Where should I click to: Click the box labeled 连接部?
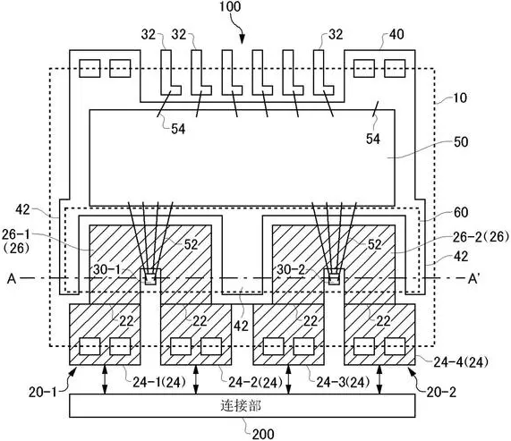(243, 405)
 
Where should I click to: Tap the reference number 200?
(263, 434)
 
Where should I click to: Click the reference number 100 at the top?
(230, 7)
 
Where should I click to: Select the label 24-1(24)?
(159, 382)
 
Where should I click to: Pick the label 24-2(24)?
(256, 382)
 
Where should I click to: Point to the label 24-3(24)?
(343, 382)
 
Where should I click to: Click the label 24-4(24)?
(461, 361)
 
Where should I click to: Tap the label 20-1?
(42, 392)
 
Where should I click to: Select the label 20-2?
(441, 392)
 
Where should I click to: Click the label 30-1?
(106, 269)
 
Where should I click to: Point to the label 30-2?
(292, 269)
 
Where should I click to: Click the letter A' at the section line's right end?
(473, 278)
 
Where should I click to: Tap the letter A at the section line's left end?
(12, 279)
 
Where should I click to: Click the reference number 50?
(461, 142)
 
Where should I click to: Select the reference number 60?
(461, 212)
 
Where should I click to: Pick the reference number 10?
(460, 98)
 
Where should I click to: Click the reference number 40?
(396, 34)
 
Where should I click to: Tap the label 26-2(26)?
(481, 237)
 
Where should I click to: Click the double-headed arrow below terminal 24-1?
(105, 379)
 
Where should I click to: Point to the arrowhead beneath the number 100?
(242, 39)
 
